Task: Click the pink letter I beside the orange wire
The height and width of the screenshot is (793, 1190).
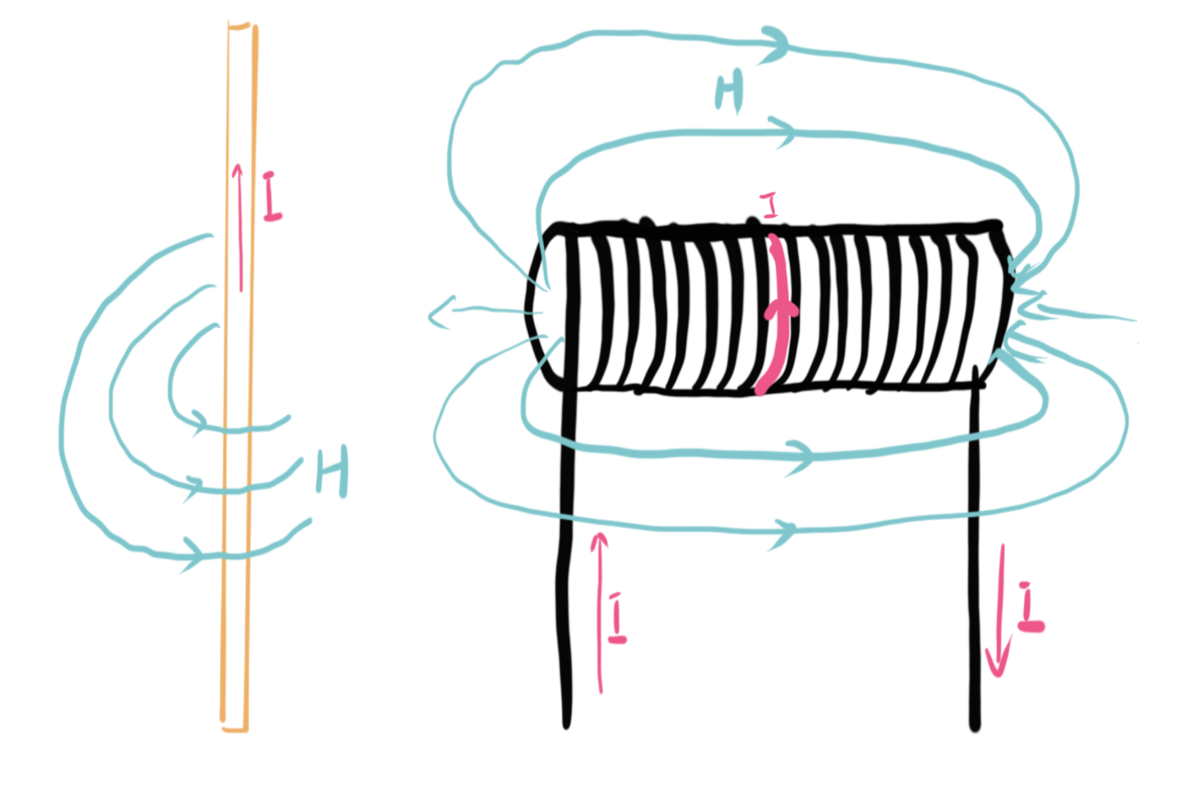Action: click(x=271, y=196)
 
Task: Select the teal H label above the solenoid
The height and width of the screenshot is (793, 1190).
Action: click(x=729, y=93)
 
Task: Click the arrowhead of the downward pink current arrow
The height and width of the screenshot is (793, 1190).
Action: click(x=998, y=664)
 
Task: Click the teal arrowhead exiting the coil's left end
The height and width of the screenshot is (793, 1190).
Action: click(x=438, y=313)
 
